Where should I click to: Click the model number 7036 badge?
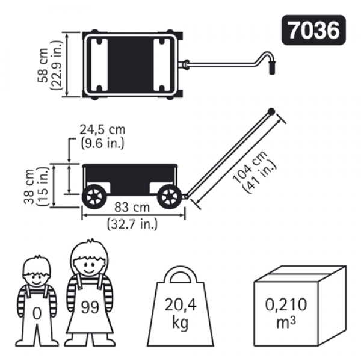(x=313, y=30)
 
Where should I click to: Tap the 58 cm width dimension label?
(x=43, y=65)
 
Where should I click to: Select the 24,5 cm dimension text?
(x=103, y=129)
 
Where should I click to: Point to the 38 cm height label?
(x=29, y=187)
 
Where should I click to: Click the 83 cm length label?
(x=132, y=207)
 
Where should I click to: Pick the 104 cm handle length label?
(x=250, y=167)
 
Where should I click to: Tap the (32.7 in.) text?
(x=132, y=224)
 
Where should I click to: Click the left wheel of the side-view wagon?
(x=94, y=197)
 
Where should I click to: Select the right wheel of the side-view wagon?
(x=170, y=197)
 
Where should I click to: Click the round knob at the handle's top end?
(x=271, y=112)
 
